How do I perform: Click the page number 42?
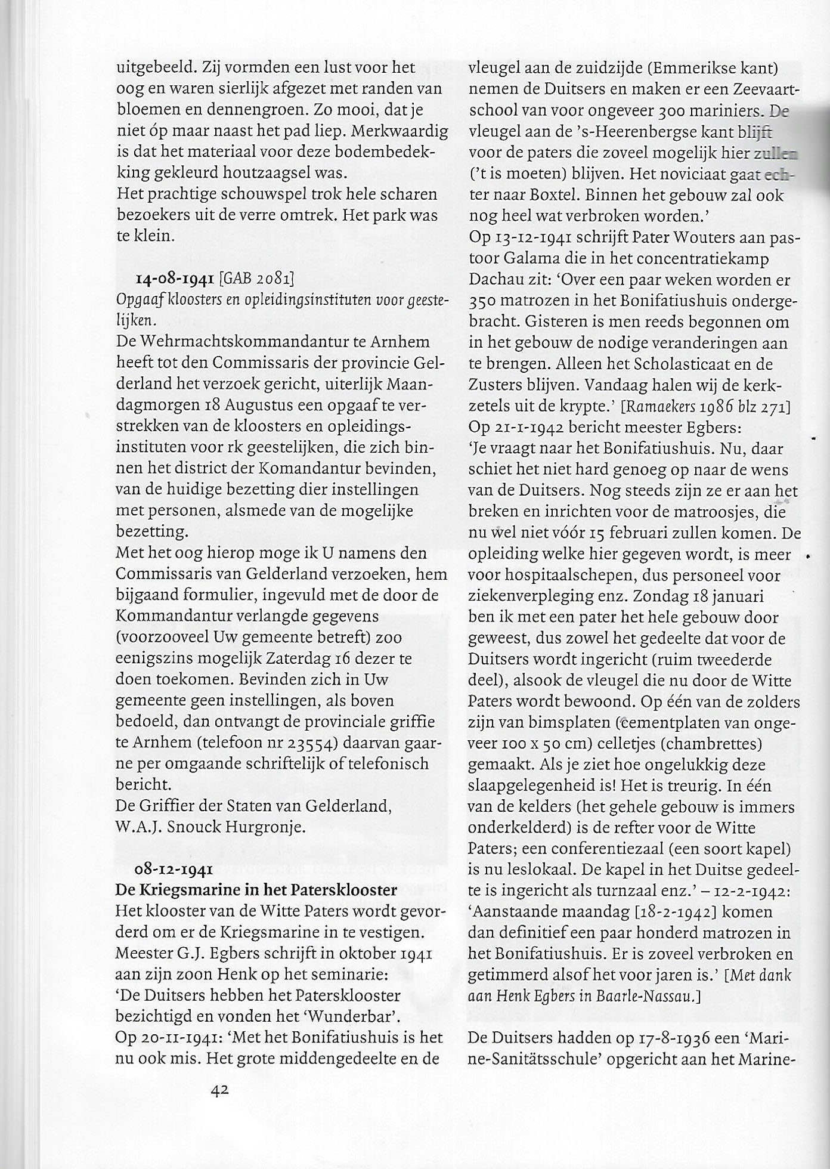coord(221,1090)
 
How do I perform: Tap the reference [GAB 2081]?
coord(257,279)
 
